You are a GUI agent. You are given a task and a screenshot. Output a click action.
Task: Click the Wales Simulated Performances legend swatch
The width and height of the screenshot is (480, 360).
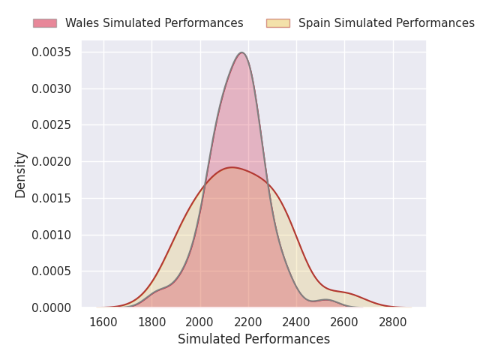tap(45, 23)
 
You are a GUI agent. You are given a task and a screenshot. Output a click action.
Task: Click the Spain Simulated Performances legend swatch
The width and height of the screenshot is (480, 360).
tap(277, 23)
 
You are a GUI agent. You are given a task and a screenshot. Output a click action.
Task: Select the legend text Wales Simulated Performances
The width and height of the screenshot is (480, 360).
tap(154, 23)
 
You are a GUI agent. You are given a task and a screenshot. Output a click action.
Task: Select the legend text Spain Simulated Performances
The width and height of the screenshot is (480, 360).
tap(386, 23)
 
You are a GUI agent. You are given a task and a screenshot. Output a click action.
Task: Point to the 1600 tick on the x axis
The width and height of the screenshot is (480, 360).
tap(103, 322)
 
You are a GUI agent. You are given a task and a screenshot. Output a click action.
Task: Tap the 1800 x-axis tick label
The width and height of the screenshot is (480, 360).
tap(151, 322)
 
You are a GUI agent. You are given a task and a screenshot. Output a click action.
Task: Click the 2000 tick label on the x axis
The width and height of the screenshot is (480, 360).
tap(200, 322)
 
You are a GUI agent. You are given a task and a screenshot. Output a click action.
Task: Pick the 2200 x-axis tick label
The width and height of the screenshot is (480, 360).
tap(248, 322)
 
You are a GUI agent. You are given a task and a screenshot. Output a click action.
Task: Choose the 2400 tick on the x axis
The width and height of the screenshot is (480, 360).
tap(296, 322)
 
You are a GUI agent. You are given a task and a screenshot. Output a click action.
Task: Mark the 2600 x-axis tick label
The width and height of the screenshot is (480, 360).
tap(344, 322)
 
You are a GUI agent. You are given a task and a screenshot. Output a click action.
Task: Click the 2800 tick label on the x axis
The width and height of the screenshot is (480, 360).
tap(393, 322)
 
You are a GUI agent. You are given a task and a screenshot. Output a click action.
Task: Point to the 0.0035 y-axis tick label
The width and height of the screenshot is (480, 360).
tap(52, 52)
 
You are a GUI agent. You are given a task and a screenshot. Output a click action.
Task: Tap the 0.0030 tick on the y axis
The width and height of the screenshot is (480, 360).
tap(52, 89)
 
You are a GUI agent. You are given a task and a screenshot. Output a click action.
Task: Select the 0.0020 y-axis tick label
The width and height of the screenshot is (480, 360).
tap(52, 162)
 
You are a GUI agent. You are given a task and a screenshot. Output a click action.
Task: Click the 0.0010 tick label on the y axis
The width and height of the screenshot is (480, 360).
tap(52, 235)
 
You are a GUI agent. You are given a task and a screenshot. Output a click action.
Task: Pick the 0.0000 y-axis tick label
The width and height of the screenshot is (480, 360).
tap(52, 307)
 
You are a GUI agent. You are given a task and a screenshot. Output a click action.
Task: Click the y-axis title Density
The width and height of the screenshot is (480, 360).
tap(21, 174)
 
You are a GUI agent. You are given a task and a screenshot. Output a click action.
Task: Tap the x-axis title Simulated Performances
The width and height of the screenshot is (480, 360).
tap(253, 340)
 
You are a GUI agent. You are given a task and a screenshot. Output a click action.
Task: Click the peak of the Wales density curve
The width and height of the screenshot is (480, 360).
tap(241, 52)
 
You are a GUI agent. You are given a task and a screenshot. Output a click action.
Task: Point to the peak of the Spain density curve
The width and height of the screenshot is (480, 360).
tap(232, 167)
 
